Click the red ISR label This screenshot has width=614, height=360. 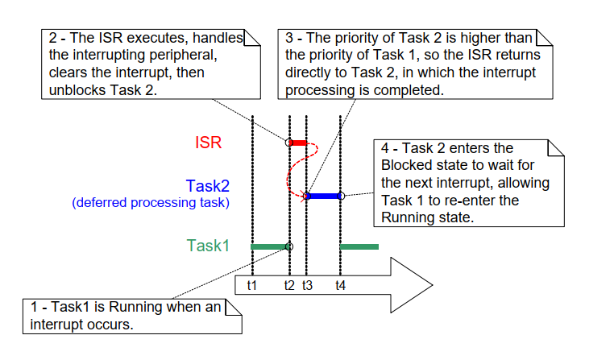tap(208, 143)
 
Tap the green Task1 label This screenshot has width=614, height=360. tap(208, 246)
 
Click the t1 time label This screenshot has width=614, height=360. tap(251, 285)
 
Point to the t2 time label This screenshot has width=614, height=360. tap(289, 285)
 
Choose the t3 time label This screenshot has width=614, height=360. tap(307, 285)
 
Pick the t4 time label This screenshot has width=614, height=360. tap(341, 285)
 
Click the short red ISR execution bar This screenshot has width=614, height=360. tap(299, 143)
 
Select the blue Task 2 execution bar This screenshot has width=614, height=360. tap(323, 196)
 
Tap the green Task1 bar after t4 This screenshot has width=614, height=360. tap(359, 246)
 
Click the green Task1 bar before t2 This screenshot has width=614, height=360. tap(269, 246)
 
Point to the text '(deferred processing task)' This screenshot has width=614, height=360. tap(151, 203)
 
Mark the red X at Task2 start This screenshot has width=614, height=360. tap(306, 196)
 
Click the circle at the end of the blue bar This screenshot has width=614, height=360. tap(341, 196)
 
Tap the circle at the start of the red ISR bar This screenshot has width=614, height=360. tap(289, 143)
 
